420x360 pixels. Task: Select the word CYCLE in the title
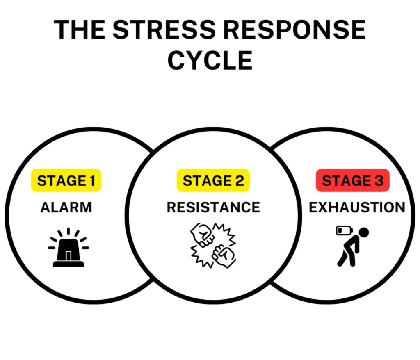[210, 60]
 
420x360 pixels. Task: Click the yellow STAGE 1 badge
[66, 181]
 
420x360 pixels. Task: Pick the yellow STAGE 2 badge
[213, 181]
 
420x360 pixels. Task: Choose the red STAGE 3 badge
[352, 181]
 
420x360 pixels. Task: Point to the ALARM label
[66, 207]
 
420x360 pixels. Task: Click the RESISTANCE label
[213, 207]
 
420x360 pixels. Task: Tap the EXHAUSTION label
[357, 207]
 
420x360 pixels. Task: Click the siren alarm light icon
[68, 248]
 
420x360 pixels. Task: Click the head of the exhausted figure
[363, 232]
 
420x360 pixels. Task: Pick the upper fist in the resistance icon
[203, 235]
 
